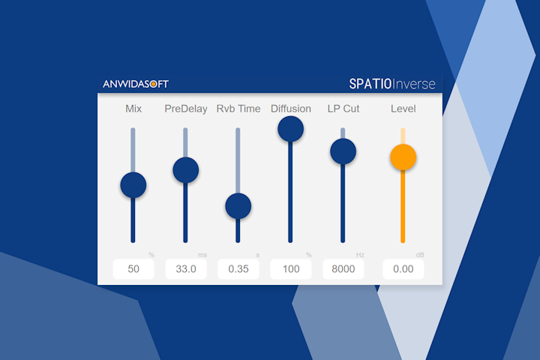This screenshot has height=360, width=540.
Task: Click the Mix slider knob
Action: coord(133,184)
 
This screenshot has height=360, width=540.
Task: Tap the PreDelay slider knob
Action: coord(186,169)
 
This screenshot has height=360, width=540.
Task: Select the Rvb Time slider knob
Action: coord(238,205)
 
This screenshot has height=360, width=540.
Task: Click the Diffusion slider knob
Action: coord(290,129)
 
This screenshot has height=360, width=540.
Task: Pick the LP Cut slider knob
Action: coord(343,151)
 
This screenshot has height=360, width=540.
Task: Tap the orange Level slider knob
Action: coord(403,157)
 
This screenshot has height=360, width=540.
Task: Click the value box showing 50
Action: coord(133,269)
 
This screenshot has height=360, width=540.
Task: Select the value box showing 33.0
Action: coord(186,269)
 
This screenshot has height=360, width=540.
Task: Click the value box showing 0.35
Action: coord(238,269)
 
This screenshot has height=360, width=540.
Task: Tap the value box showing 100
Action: coord(291,269)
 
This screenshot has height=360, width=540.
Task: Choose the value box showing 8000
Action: coord(343,269)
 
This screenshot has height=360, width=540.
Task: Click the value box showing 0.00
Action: coord(403,269)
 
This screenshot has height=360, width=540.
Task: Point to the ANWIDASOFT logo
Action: coord(136,84)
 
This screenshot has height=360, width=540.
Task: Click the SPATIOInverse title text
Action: coord(391,83)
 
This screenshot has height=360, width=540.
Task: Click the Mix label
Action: coord(133,109)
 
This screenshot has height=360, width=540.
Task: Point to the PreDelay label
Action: coord(186,109)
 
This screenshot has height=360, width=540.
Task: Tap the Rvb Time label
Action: coord(238,109)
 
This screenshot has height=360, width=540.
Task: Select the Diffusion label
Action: coord(291,109)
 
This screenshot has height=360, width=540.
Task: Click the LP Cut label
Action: coord(343,109)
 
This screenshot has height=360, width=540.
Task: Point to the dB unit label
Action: coord(420,255)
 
